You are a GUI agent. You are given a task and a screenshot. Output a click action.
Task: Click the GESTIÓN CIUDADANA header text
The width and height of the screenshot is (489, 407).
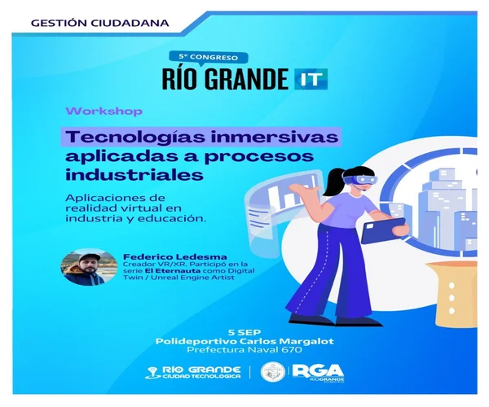pos(99,23)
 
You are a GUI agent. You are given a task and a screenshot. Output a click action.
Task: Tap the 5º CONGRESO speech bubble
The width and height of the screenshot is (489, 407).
pos(209,57)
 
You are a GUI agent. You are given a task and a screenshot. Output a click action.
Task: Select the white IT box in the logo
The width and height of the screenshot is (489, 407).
pos(311,79)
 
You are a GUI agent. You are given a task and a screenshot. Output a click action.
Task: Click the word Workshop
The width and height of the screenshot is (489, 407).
pos(104,112)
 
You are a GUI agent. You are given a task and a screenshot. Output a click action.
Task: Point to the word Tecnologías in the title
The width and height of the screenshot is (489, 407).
pos(135,137)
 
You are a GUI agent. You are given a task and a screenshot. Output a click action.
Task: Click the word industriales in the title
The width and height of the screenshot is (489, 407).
pos(134,174)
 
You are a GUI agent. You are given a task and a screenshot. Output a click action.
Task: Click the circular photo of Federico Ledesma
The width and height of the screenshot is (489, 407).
pos(89,267)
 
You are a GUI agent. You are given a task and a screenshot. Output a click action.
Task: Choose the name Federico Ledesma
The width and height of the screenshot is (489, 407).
pos(175,257)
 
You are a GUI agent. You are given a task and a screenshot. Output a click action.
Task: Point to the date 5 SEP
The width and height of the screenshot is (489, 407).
pos(244,332)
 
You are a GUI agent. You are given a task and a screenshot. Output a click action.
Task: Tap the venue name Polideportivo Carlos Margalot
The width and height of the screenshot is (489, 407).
pos(244,341)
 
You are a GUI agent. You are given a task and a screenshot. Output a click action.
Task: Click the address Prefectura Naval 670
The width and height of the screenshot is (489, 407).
pos(244,350)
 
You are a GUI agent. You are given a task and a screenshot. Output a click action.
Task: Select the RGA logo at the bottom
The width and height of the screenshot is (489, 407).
pos(318,373)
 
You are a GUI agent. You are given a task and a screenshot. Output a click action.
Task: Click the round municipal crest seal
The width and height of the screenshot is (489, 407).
pos(273,372)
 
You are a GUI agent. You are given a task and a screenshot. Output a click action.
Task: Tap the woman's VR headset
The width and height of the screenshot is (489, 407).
pos(360,181)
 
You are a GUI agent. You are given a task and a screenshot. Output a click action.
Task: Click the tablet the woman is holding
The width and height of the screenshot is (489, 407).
pos(384,230)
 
